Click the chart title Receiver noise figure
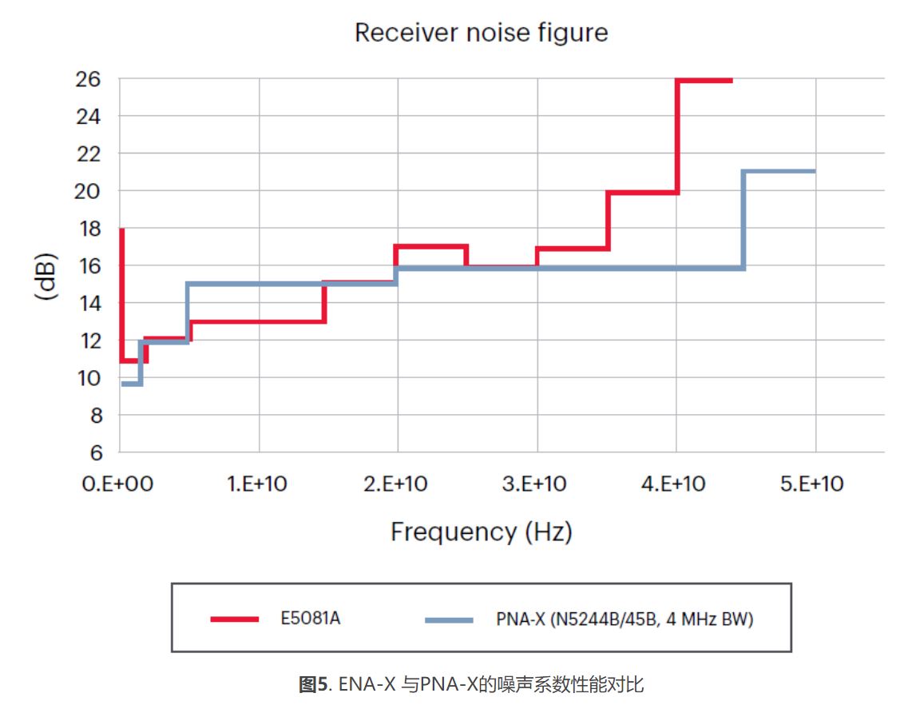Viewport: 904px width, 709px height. tap(481, 33)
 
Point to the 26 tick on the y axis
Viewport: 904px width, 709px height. tap(89, 79)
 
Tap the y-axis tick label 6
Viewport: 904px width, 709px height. tap(96, 452)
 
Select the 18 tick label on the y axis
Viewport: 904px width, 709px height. tap(89, 229)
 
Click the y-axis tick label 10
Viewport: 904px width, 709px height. tap(89, 377)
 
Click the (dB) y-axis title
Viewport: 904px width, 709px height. tap(47, 276)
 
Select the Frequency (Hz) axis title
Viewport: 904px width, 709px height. tap(481, 532)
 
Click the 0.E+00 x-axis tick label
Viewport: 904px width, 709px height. tap(117, 484)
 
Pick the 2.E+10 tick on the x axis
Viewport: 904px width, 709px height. tap(397, 484)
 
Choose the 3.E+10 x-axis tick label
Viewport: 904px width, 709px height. tap(536, 484)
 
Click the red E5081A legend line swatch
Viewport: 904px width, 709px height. tap(235, 619)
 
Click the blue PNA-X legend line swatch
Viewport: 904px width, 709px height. tap(449, 619)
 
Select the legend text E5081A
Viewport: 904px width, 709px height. tap(310, 619)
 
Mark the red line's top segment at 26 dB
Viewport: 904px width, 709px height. tap(704, 80)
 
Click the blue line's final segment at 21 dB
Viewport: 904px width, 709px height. tap(779, 171)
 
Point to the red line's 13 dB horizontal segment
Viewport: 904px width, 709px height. tap(257, 321)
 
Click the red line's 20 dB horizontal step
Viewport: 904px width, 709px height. tap(642, 192)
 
